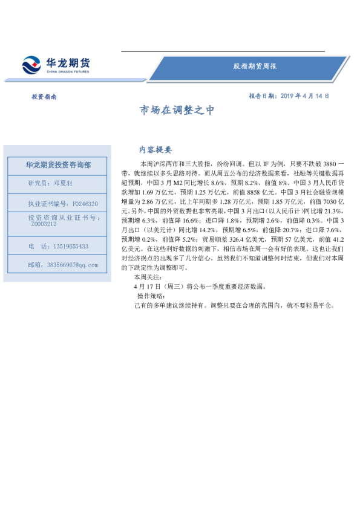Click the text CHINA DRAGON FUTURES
[67, 71]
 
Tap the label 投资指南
[44, 97]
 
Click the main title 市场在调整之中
[177, 111]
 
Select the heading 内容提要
[155, 150]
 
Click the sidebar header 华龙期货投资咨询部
[59, 164]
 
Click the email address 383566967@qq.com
[71, 265]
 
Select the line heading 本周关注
[148, 277]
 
